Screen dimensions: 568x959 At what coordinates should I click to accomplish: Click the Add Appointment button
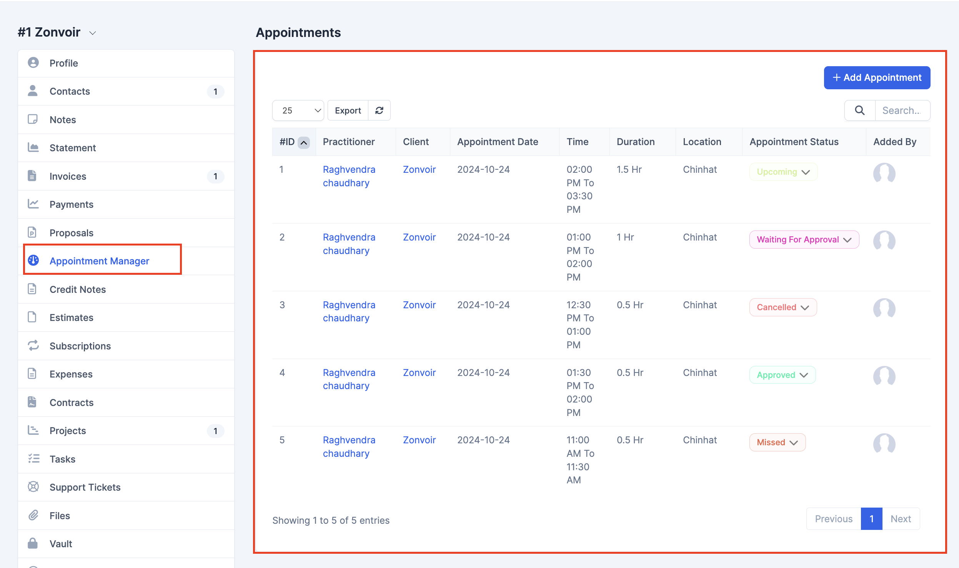877,78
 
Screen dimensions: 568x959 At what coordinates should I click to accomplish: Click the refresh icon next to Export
379,111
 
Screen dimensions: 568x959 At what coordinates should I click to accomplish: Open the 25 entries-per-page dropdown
298,111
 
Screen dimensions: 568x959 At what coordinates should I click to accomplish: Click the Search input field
902,111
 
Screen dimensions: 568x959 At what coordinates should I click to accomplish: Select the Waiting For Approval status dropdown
804,240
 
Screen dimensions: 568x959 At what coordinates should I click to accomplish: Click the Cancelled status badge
783,307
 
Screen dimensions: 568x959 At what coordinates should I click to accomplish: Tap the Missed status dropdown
777,443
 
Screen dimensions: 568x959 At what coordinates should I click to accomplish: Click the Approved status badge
782,375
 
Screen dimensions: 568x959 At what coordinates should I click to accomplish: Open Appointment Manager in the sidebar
99,261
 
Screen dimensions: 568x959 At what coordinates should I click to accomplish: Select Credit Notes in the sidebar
78,289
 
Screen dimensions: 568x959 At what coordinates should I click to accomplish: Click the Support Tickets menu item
85,487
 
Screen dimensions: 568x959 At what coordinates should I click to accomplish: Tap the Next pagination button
901,519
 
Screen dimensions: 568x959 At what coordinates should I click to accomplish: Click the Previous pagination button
834,519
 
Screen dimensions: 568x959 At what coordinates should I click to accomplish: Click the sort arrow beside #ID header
304,143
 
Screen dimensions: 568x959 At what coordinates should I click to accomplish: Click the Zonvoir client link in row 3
419,305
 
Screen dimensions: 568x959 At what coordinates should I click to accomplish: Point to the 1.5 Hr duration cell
629,170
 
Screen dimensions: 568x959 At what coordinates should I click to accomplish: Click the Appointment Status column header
794,142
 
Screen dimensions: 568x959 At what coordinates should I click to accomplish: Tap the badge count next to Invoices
215,176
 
